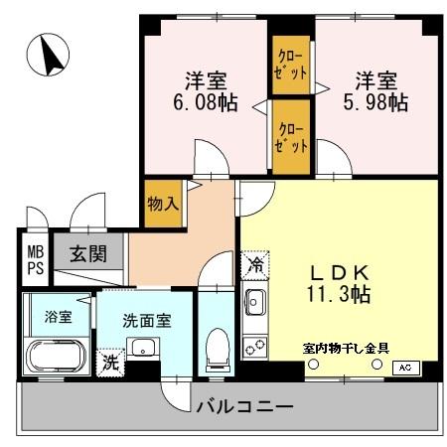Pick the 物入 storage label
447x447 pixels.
[x=163, y=204]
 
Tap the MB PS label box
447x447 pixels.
[x=35, y=259]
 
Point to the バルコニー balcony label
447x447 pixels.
[x=243, y=406]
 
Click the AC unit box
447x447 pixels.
[x=404, y=367]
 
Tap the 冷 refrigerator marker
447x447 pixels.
[x=255, y=265]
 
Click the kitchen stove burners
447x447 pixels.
[x=253, y=347]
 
